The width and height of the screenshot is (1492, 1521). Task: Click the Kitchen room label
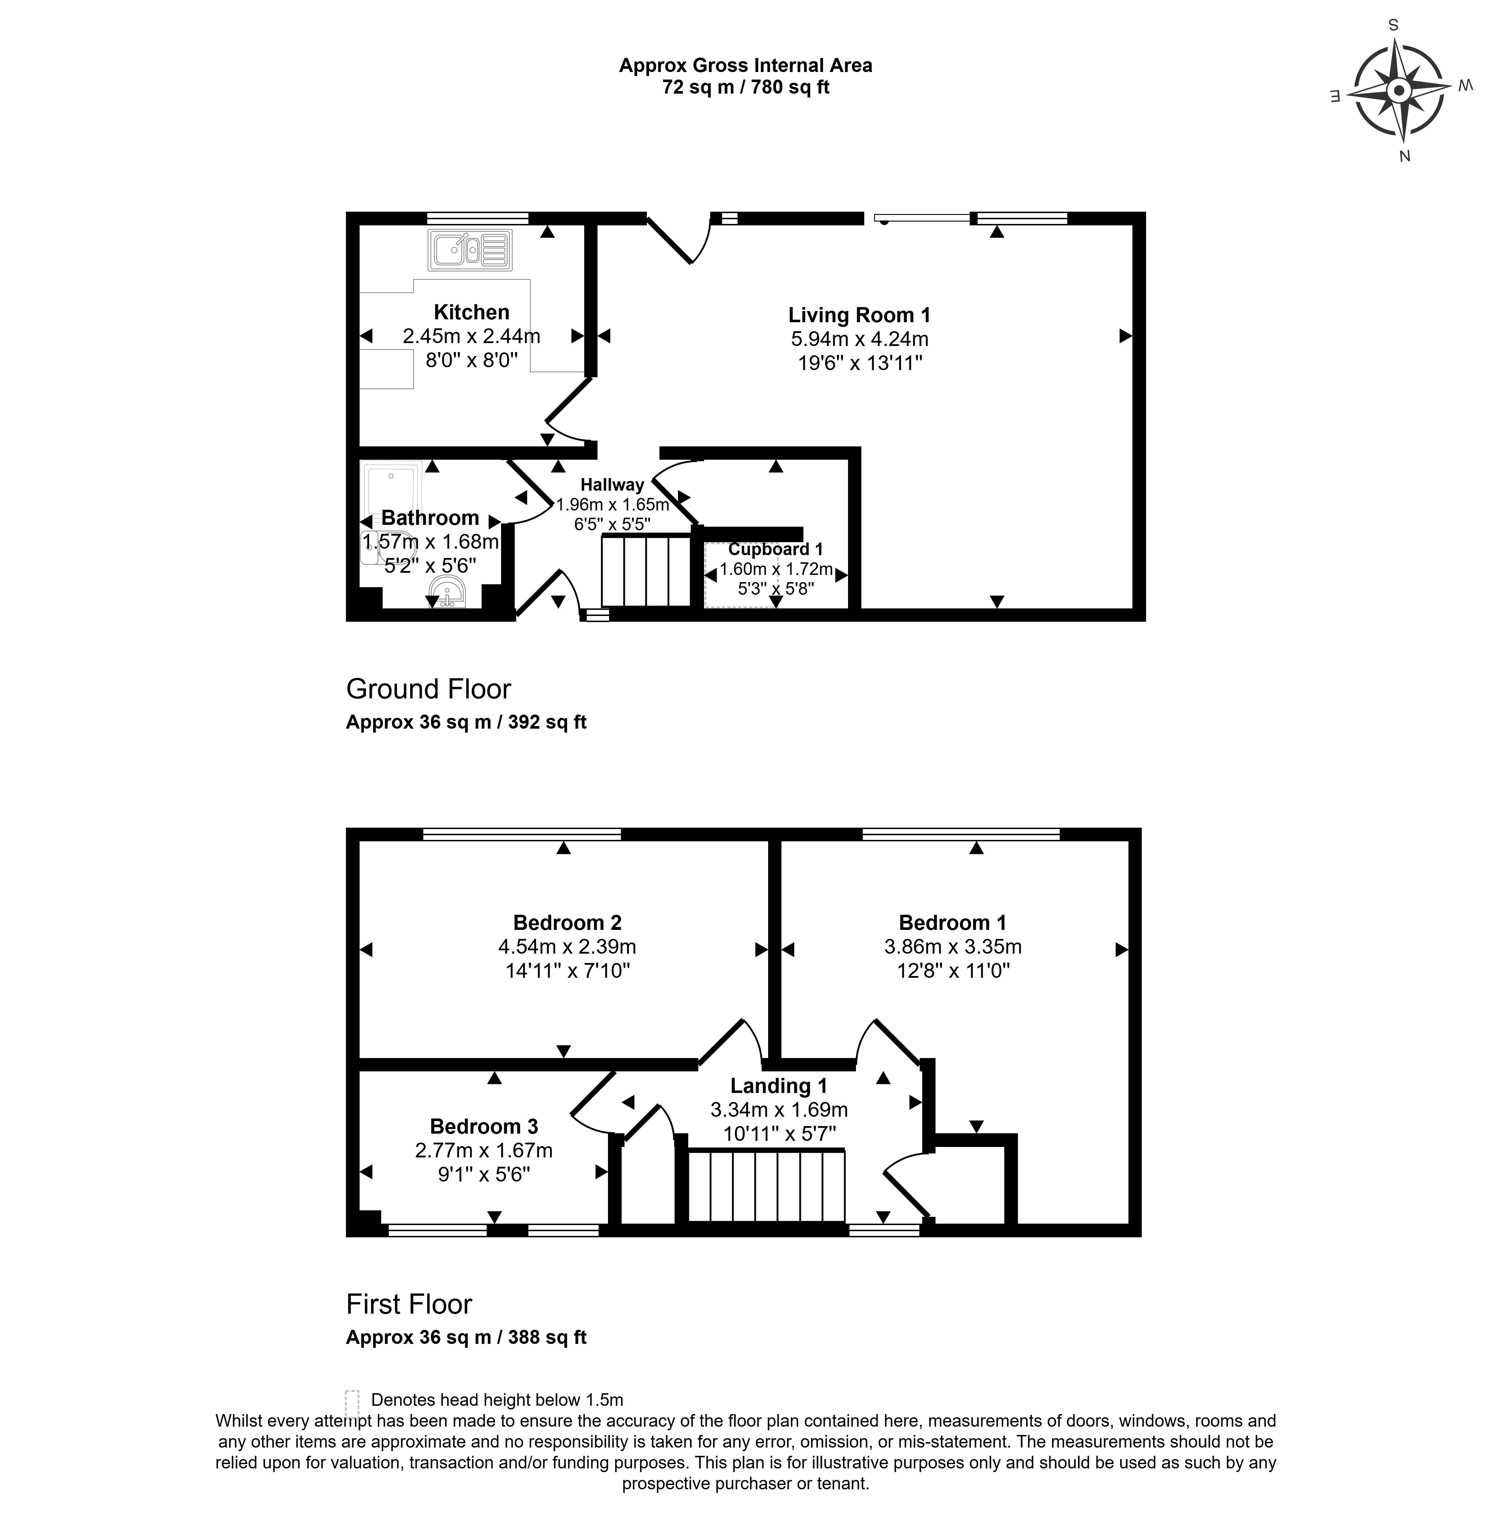pos(472,312)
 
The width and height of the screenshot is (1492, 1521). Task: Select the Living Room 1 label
pos(860,315)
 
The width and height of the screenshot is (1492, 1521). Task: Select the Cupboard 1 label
pos(776,549)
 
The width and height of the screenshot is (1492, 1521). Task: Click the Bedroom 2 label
pos(567,922)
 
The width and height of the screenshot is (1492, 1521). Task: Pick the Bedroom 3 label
pos(484,1126)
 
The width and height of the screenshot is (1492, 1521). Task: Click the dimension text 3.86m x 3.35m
pos(953,946)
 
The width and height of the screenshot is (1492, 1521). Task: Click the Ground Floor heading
pos(429,689)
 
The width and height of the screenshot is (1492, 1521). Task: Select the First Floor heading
pos(409,1304)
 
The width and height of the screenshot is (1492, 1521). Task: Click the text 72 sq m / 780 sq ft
pos(746,87)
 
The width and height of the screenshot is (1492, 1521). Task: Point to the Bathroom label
pos(430,518)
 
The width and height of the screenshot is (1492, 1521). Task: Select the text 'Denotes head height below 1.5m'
pos(497,1400)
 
